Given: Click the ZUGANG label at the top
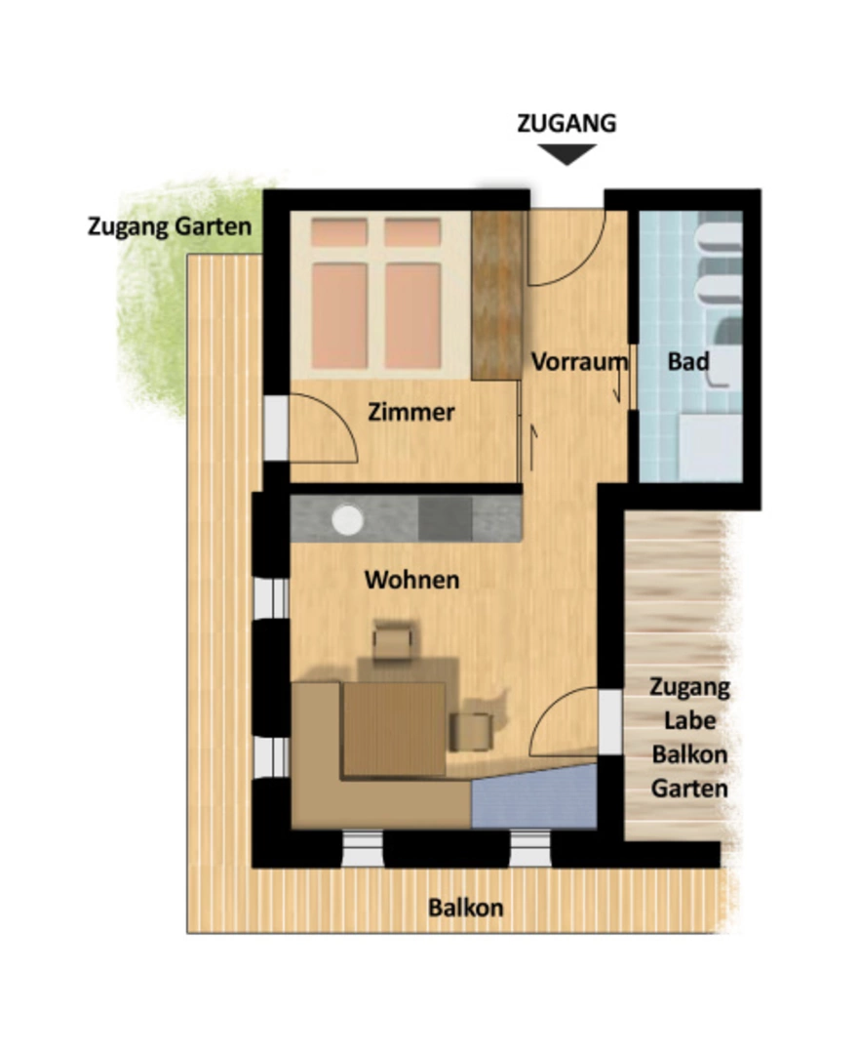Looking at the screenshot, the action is coord(566,124).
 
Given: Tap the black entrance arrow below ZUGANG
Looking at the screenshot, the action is coord(566,154).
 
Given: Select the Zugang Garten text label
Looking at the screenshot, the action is coord(170,226).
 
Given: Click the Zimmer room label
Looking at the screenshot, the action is coord(411,412).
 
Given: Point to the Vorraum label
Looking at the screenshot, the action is coord(579,362).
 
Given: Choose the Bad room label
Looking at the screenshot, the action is coord(688,362).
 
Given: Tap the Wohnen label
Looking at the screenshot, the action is coord(411,580).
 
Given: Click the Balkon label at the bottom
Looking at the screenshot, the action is coord(465,908).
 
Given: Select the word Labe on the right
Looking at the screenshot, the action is coord(689,720).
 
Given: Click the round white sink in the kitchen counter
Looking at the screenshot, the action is coord(348,519).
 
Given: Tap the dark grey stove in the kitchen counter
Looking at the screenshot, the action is coord(445,518).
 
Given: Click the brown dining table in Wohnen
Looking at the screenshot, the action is coord(394,729).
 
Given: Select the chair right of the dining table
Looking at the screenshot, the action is coord(472,731).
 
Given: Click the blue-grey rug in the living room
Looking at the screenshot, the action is coord(534,796).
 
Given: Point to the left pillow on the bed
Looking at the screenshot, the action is coord(339,232).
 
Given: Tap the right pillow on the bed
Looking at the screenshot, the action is coord(412,232).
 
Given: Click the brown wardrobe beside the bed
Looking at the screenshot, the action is coord(497,295).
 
